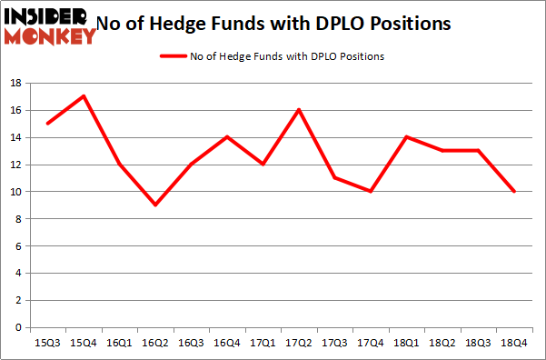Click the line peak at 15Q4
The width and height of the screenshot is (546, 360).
click(x=84, y=96)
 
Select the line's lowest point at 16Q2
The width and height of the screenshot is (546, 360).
click(x=155, y=205)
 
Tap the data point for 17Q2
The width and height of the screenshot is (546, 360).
click(x=298, y=110)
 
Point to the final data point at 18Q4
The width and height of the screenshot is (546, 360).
click(x=513, y=191)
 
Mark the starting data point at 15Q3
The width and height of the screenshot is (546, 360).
click(x=47, y=124)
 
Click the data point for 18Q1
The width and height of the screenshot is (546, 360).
click(x=406, y=137)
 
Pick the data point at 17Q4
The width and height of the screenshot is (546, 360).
click(x=370, y=191)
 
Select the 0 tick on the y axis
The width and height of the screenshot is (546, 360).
click(x=17, y=327)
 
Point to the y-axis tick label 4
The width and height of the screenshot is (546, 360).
click(x=17, y=274)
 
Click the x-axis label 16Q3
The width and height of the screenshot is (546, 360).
click(x=191, y=343)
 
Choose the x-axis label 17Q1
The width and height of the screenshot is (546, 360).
click(x=263, y=343)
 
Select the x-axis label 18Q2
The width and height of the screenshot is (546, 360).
click(x=442, y=343)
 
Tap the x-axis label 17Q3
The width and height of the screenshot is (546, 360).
click(x=334, y=343)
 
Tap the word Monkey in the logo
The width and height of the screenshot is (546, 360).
click(x=50, y=35)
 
